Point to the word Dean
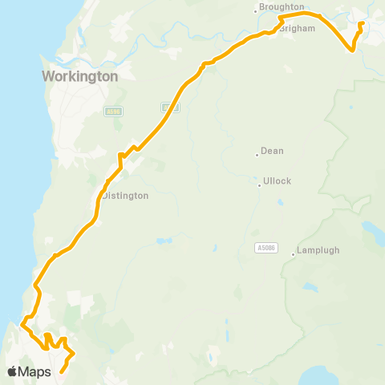coord(272,151)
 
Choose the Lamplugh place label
coord(318,250)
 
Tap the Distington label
coord(125,195)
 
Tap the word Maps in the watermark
coord(36,372)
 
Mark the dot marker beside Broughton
coord(256,10)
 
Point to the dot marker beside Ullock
coord(258,186)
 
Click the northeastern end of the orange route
coord(363,24)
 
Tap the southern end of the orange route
coord(62,371)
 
